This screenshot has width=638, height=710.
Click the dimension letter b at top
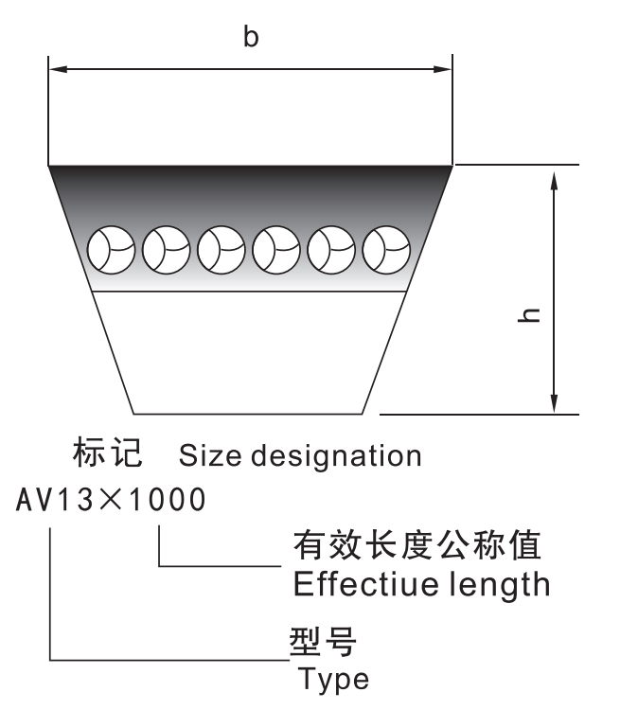coord(250,38)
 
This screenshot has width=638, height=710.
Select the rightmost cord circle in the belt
coord(387,248)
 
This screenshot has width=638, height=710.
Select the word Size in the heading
coord(207,456)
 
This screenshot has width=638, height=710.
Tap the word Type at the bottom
coord(333,679)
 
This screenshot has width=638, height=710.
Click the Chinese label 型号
coord(322,643)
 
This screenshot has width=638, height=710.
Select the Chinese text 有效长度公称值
coord(416,546)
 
